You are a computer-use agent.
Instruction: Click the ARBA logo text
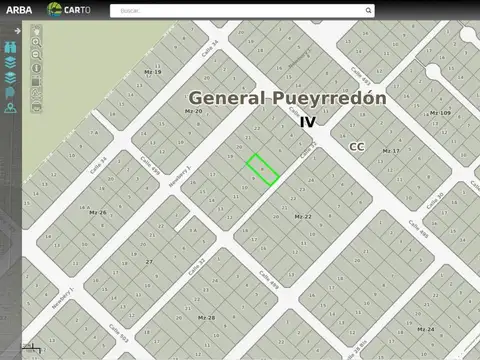(x=19, y=10)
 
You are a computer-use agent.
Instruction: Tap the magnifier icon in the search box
(x=368, y=10)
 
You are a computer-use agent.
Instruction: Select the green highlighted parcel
(x=262, y=169)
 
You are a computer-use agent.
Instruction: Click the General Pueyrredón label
(x=287, y=98)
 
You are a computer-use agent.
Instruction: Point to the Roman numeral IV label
(x=307, y=121)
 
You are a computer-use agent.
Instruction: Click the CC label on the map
(x=357, y=146)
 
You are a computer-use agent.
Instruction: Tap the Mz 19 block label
(x=152, y=72)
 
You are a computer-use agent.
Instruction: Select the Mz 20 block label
(x=193, y=111)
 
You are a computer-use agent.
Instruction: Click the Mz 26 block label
(x=97, y=212)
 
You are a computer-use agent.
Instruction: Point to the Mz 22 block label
(x=303, y=216)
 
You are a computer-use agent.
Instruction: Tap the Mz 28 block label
(x=206, y=317)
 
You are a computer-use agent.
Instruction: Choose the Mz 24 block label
(x=425, y=329)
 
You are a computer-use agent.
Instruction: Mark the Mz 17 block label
(x=390, y=151)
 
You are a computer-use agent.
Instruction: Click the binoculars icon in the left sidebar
(x=9, y=46)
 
